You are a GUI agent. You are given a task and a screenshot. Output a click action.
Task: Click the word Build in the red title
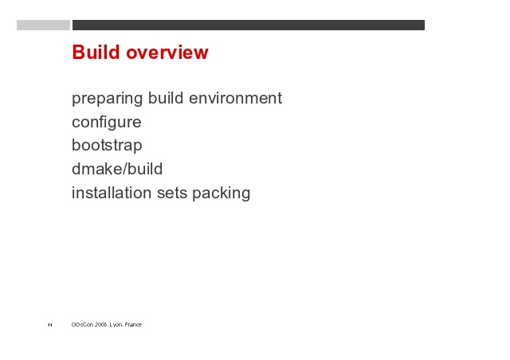coord(96,52)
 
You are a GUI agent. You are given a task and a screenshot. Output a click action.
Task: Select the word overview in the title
coord(167,53)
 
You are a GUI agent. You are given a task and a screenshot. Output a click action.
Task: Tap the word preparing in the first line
coord(107,99)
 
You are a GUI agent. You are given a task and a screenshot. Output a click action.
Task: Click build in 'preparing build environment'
coord(166,97)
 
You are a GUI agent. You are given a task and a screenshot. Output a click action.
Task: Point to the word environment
coord(236,98)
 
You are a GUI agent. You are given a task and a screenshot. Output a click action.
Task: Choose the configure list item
coord(107,123)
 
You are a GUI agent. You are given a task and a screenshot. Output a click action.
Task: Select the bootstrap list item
coord(107,146)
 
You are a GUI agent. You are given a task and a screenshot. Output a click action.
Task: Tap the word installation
coord(112,193)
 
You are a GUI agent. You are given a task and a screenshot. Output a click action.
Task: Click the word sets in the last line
coord(172,194)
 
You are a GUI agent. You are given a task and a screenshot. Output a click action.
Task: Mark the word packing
coord(222,194)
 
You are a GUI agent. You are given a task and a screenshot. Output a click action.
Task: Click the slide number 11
coord(49,325)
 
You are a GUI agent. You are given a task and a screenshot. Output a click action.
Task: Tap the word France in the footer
coord(133,324)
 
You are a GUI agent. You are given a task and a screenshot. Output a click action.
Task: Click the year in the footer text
coord(101,324)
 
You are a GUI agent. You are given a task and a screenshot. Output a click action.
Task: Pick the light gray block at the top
coord(43,25)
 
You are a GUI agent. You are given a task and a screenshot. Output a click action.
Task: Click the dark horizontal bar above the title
coord(249,25)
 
